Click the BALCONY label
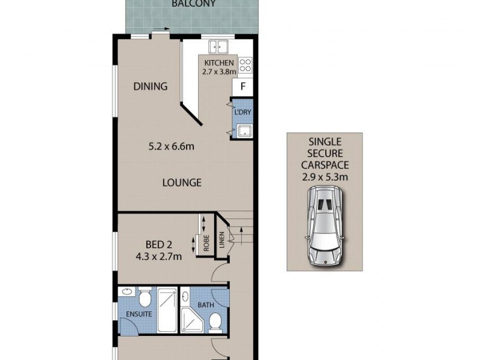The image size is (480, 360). point(193,4)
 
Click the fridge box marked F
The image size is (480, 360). point(243,86)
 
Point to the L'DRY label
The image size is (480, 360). point(242,113)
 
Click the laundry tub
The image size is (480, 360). point(244,132)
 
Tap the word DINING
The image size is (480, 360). point(150,86)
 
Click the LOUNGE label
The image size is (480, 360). point(182,183)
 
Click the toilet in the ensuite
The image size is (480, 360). point(145,298)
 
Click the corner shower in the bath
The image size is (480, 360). point(193,318)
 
